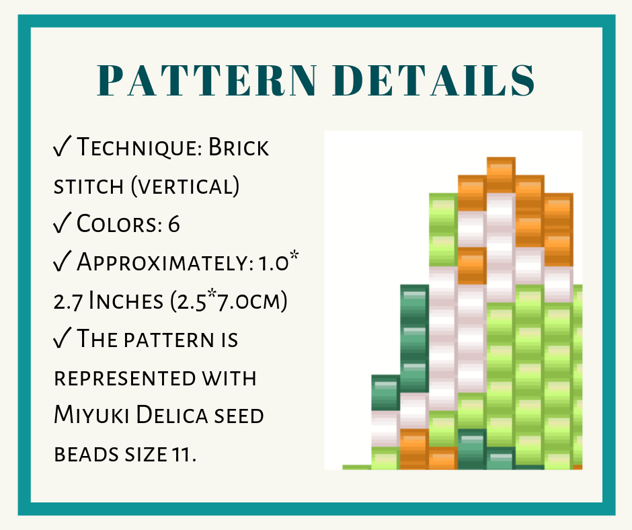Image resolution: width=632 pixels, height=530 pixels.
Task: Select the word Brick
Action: (238, 147)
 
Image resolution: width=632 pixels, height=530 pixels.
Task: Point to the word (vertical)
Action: (185, 186)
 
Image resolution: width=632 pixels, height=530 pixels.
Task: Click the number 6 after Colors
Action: (173, 224)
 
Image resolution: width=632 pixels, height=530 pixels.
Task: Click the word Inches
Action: (126, 301)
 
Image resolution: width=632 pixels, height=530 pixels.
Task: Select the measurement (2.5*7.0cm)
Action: (229, 301)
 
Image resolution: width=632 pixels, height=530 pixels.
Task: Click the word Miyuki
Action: (91, 415)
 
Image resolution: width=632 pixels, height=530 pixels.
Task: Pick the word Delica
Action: (171, 415)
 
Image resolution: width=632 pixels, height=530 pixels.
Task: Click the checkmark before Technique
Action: (62, 146)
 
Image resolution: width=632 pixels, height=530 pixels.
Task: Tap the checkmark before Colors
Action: (62, 223)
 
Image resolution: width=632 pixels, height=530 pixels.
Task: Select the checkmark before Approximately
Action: (62, 261)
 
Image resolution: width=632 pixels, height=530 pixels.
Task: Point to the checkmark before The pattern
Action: (62, 338)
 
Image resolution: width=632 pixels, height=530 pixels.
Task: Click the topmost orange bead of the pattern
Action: (501, 175)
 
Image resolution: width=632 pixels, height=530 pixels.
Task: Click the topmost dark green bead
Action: (414, 303)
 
